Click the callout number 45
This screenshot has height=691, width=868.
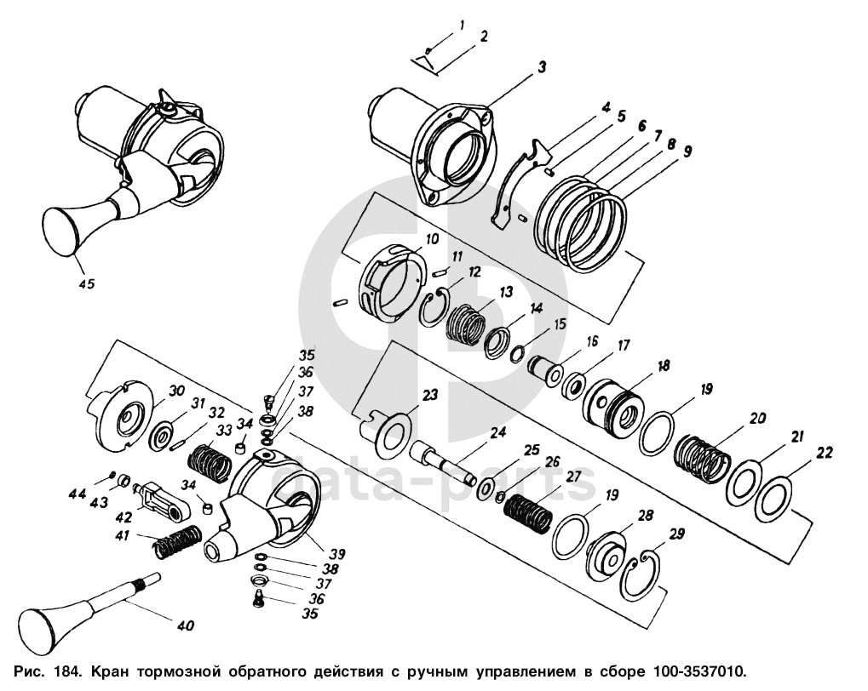tap(86, 283)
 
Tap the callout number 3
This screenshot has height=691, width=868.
tap(541, 67)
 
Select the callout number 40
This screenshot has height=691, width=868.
tap(186, 625)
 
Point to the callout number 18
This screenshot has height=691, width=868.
tap(664, 365)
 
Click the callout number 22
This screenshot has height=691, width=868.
tap(825, 453)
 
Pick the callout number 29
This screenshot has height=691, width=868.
tap(675, 534)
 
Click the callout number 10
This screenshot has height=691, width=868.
tap(432, 239)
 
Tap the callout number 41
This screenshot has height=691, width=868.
tap(123, 535)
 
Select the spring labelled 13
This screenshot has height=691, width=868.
tap(466, 325)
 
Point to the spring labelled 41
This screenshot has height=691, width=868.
tap(177, 541)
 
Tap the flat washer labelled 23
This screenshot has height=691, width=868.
tap(394, 432)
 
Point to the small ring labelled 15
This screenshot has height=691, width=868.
tap(517, 354)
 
